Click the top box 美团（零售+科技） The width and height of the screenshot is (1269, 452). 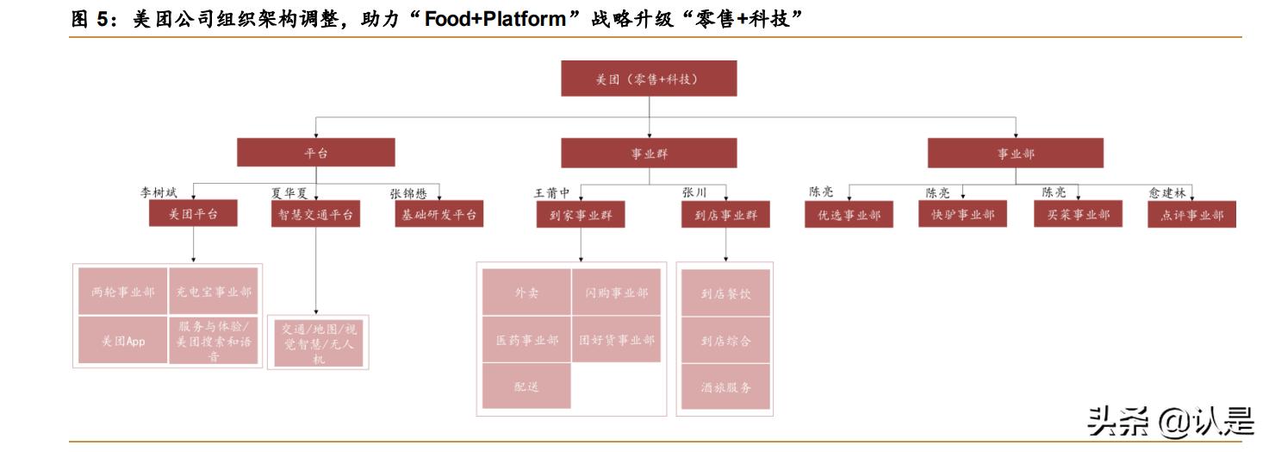[648, 78]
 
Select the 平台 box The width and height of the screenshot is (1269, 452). [316, 153]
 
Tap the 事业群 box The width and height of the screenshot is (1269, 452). [648, 153]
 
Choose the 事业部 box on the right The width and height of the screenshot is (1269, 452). [1016, 153]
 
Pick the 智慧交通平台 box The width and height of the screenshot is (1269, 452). [315, 215]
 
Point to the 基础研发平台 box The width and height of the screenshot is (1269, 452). [438, 215]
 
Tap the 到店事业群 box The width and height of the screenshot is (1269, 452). [725, 215]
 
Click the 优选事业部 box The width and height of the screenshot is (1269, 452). [849, 215]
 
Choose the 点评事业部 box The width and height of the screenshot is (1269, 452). [1191, 215]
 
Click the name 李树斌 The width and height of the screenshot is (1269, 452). [159, 193]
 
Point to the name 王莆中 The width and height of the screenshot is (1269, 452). [552, 193]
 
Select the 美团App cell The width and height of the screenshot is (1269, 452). [122, 341]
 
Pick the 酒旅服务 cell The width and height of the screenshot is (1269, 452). [725, 387]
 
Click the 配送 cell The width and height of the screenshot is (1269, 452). [526, 387]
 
